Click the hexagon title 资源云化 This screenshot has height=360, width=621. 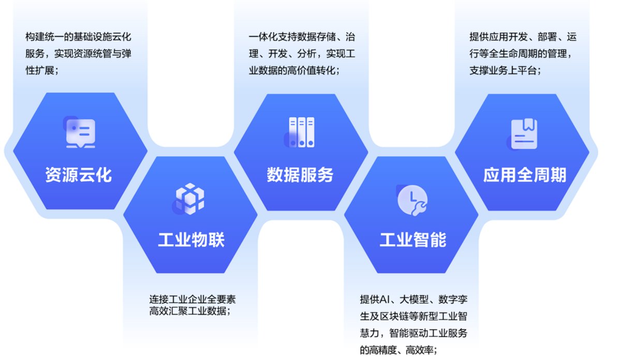79,175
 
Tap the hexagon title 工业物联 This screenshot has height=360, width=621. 191,239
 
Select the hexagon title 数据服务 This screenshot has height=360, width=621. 300,175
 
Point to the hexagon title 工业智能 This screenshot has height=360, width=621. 413,239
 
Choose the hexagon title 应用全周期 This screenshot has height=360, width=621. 525,175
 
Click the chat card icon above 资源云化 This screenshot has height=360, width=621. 80,132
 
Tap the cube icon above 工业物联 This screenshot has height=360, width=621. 189,199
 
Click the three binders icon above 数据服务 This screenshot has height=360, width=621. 300,132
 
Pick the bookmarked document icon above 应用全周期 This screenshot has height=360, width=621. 523,134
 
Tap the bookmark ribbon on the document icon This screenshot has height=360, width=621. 529,125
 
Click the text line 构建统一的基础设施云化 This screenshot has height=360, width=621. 78,37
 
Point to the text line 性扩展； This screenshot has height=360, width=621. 42,70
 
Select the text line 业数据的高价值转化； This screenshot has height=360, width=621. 294,70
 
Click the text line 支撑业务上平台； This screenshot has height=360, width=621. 506,70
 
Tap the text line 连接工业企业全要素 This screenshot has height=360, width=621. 193,299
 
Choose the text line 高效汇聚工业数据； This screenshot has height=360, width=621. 190,311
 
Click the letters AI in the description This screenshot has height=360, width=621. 385,299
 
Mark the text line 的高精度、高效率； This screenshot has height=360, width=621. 398,350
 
